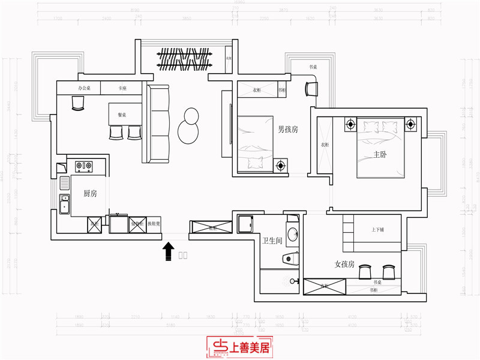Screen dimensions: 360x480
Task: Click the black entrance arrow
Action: coord(169,249)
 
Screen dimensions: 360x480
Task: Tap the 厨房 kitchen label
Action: coord(91,193)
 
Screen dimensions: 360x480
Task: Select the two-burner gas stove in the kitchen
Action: coord(85,166)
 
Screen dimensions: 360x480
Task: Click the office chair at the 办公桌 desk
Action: coord(78,104)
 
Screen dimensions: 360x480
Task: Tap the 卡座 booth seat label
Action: coord(122,88)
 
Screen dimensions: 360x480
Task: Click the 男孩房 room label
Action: coord(288,128)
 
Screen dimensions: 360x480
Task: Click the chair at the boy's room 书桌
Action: coord(311,88)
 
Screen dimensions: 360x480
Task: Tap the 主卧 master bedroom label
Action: coord(380,154)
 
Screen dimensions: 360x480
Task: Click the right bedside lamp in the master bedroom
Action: coord(410,125)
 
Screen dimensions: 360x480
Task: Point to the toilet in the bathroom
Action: coord(290,259)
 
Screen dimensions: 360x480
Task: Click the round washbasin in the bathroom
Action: coord(292,235)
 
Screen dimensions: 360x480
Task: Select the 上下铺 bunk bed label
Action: coord(378,230)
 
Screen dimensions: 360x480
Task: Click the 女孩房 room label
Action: coord(345,264)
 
